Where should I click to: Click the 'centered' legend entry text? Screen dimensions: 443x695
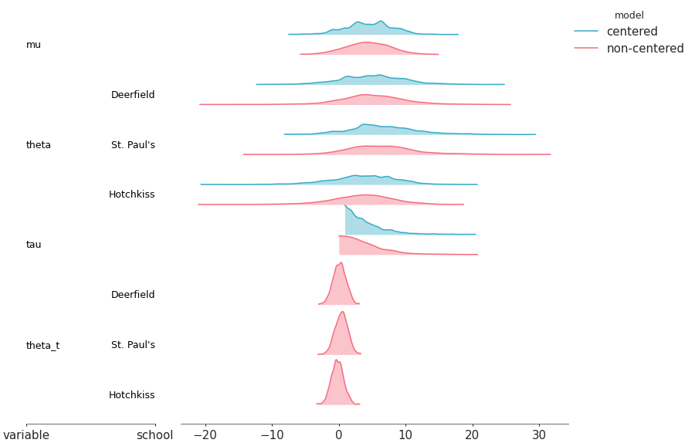[x=632, y=32]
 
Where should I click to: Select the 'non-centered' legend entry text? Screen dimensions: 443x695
[x=645, y=49]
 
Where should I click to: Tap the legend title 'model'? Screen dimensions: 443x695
[x=629, y=15]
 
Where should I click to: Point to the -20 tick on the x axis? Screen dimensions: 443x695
[x=205, y=435]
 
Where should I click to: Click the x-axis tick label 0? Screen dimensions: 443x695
[x=338, y=435]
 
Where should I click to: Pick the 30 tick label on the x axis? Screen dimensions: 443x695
[x=539, y=435]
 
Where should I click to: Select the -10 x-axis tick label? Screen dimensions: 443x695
[x=272, y=435]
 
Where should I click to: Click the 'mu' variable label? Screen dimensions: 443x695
[x=33, y=45]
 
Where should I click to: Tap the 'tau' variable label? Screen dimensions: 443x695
[x=33, y=245]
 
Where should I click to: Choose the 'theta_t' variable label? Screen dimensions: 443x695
[x=42, y=345]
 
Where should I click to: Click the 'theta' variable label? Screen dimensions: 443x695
[x=38, y=145]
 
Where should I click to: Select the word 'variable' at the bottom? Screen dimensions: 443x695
[x=26, y=435]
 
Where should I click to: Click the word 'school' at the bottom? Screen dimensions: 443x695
[x=154, y=435]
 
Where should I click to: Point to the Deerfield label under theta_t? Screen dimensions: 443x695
[x=133, y=295]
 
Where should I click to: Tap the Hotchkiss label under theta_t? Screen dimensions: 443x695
[x=131, y=395]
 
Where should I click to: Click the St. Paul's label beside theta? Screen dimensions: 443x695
[x=133, y=145]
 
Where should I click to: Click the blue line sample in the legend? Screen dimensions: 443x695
[x=586, y=32]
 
